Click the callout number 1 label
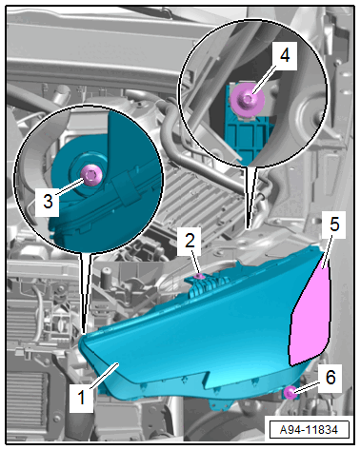click(x=81, y=398)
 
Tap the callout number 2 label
click(x=190, y=241)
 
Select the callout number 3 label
click(x=48, y=202)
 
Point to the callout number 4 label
click(x=285, y=56)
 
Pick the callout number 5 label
click(x=334, y=225)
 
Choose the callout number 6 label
click(x=330, y=378)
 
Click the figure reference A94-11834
click(x=309, y=430)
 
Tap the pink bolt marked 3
click(x=90, y=175)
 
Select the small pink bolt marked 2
click(x=199, y=277)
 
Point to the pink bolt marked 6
click(x=290, y=393)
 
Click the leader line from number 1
click(x=105, y=376)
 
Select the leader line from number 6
click(x=307, y=387)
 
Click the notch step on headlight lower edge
click(x=207, y=378)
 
